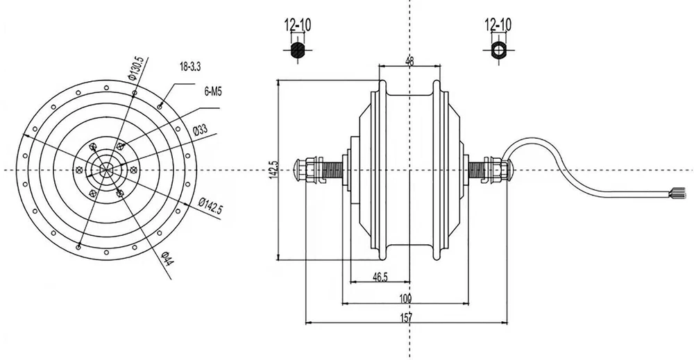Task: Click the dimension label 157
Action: pos(406,318)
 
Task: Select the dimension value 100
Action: pos(406,298)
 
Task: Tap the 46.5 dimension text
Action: pos(380,277)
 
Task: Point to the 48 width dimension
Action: pos(409,61)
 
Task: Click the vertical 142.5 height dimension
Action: pos(273,171)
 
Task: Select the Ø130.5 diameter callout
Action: pos(137,69)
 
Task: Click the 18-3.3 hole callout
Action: pos(190,67)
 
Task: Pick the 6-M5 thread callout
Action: pos(213,91)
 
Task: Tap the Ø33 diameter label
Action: pos(201,130)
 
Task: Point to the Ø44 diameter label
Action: pos(167,261)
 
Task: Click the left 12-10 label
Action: pos(297,26)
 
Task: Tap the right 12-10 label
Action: pos(498,26)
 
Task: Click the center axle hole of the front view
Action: pos(107,170)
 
